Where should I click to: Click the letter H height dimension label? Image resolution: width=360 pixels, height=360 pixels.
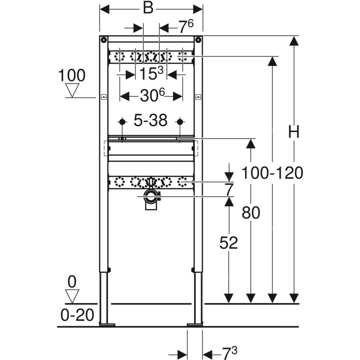coord(294,132)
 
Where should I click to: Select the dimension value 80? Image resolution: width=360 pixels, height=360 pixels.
coord(250,213)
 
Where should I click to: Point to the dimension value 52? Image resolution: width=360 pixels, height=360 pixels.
coord(229,243)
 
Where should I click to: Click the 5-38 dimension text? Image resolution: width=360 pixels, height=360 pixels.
coord(150,121)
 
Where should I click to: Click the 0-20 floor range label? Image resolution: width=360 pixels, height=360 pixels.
coord(77,316)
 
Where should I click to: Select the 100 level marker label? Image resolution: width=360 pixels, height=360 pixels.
coord(72,76)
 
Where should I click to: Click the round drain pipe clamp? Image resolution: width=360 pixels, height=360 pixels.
coord(151,197)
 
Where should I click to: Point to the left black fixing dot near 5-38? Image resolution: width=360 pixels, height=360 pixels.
coord(122,122)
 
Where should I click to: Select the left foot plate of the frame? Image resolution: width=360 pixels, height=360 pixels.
coord(107,325)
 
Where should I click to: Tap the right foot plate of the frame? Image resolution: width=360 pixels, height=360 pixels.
coord(195,325)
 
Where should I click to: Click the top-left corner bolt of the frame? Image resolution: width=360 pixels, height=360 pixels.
coord(104,40)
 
